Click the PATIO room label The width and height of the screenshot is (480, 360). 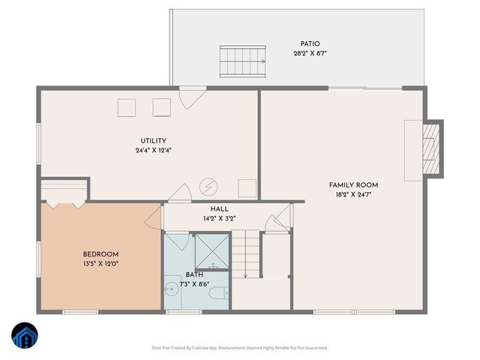(310, 44)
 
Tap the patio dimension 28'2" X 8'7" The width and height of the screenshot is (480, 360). (310, 54)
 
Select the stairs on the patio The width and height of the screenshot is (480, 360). (243, 59)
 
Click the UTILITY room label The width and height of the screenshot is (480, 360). (153, 141)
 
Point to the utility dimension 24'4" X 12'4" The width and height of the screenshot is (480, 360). (153, 151)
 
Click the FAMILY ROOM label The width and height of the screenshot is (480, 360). (353, 184)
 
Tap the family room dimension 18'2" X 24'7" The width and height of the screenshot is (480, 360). (353, 194)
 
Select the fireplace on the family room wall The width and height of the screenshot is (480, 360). (429, 150)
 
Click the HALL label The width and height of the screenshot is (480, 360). (220, 209)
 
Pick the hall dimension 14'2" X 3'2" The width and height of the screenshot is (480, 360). (220, 219)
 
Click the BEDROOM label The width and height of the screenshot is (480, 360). (100, 254)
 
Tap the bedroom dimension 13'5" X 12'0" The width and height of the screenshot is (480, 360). (100, 264)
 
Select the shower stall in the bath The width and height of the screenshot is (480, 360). (211, 252)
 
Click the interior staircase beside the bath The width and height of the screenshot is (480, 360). (245, 255)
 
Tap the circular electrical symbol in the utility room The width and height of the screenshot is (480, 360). (207, 185)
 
